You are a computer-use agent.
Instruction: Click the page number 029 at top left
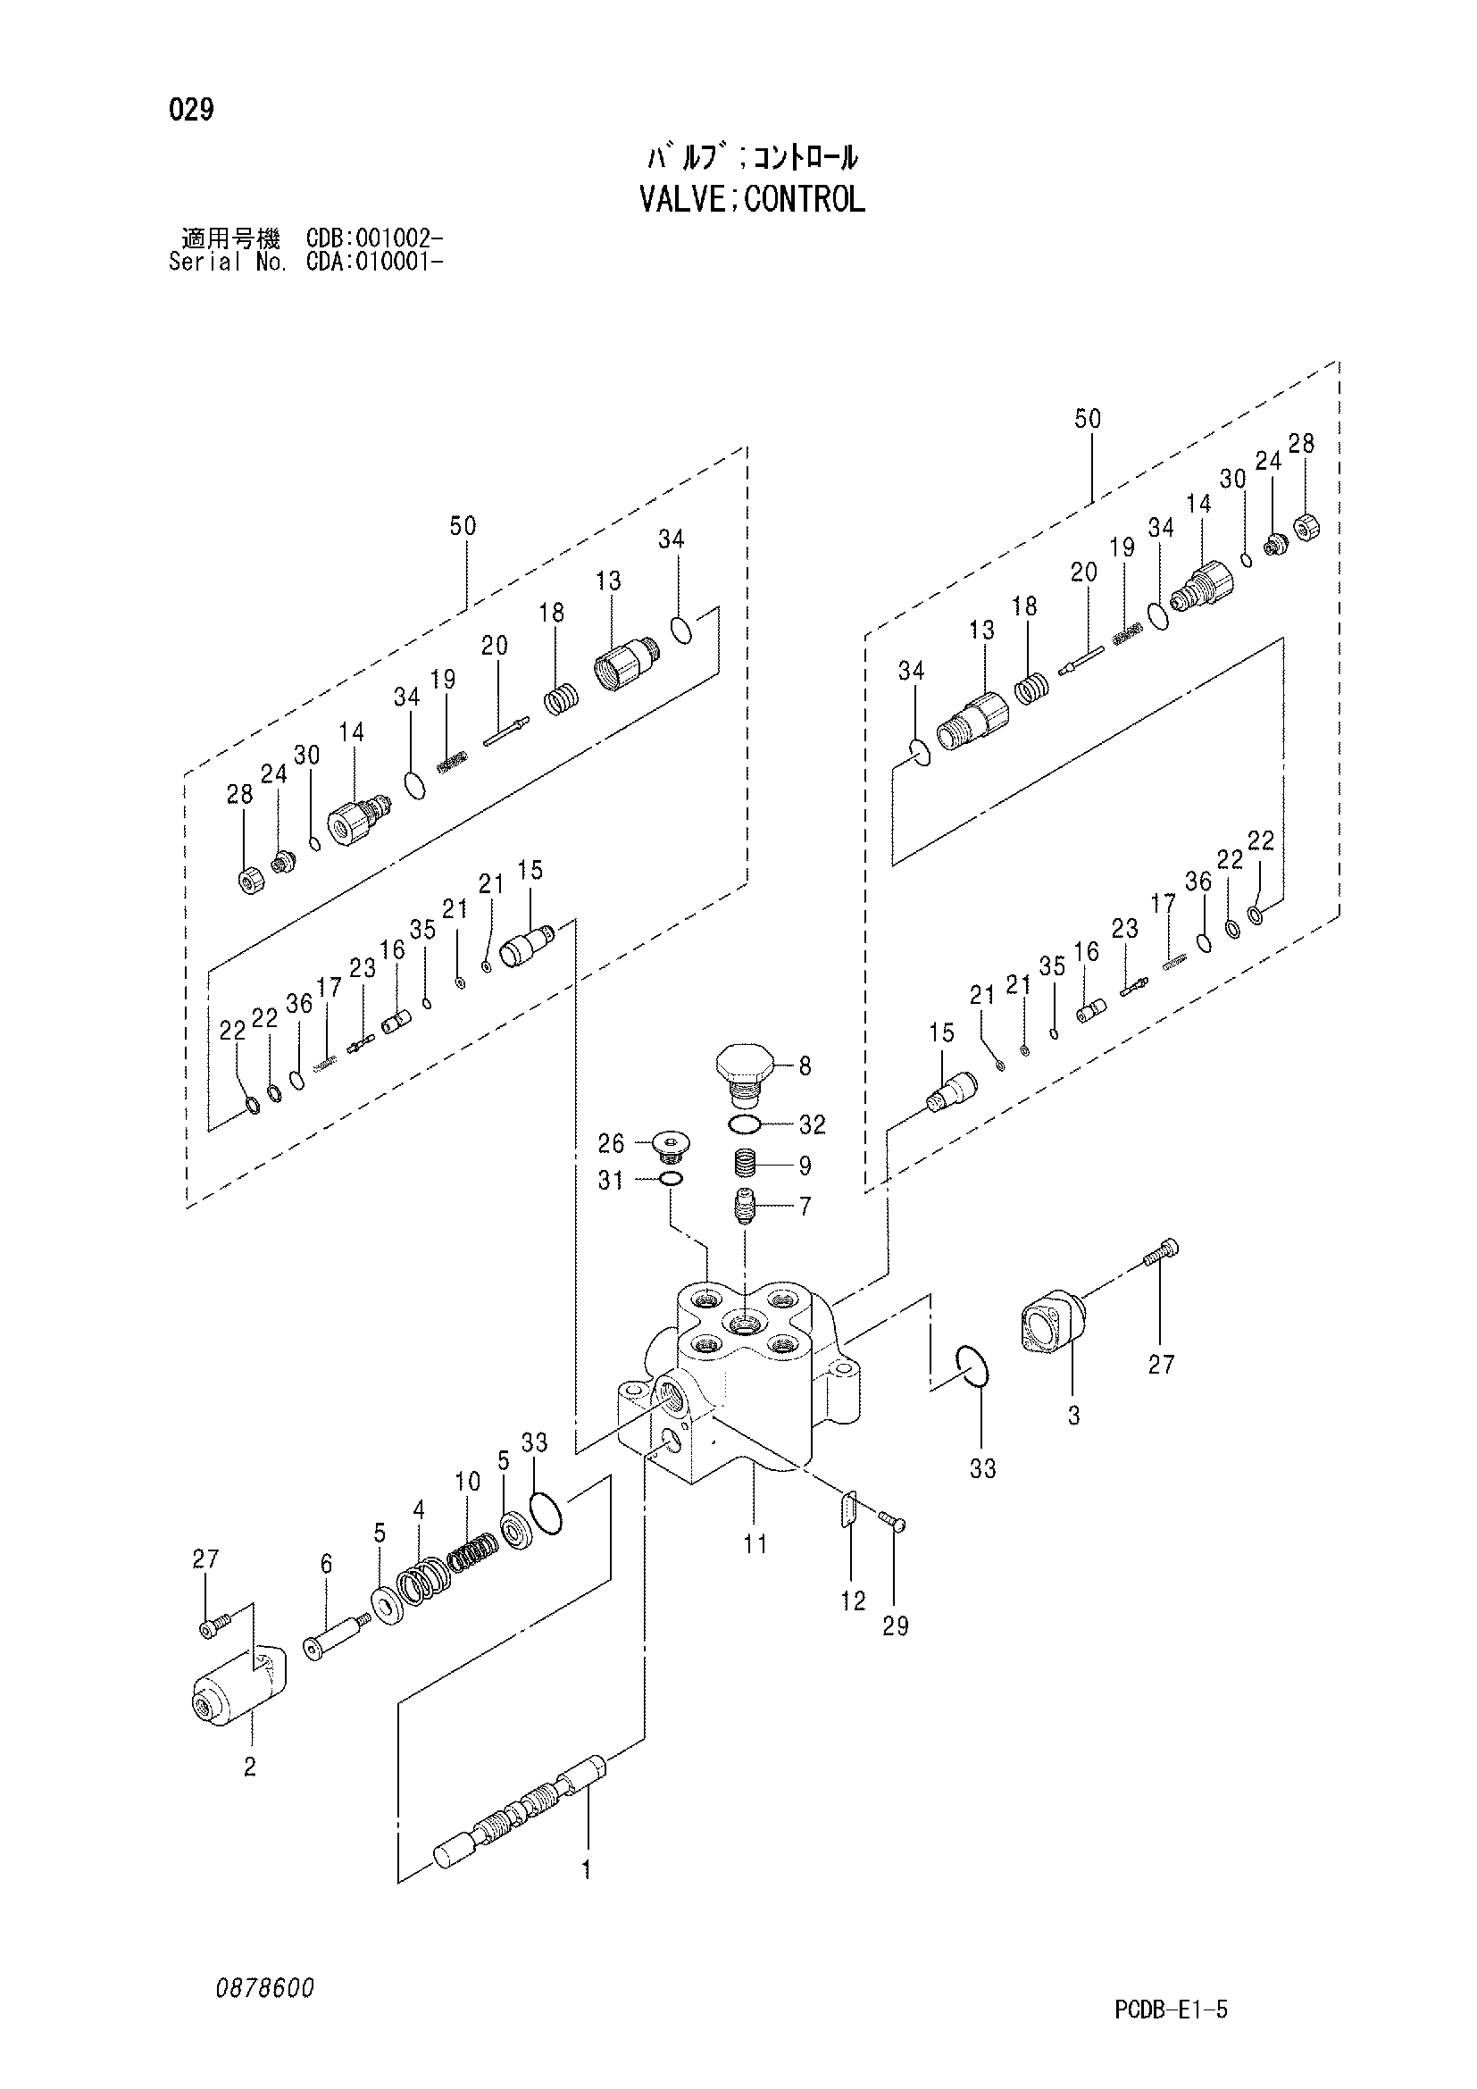191,111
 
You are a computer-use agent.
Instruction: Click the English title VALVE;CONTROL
752,199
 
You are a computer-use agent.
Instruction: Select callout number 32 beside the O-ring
812,1124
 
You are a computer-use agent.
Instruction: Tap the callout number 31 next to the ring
611,1181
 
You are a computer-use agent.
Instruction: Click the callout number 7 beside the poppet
805,1207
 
